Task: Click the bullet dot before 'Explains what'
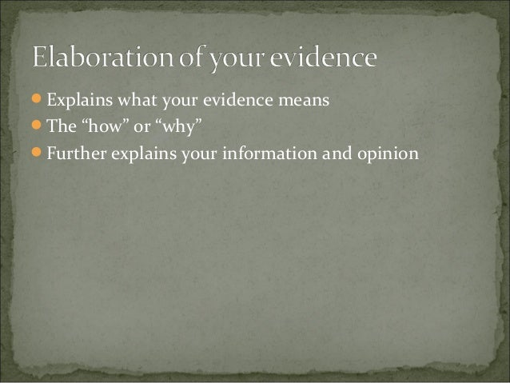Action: click(39, 102)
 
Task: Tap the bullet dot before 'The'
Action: click(39, 126)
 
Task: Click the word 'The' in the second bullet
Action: click(59, 126)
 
